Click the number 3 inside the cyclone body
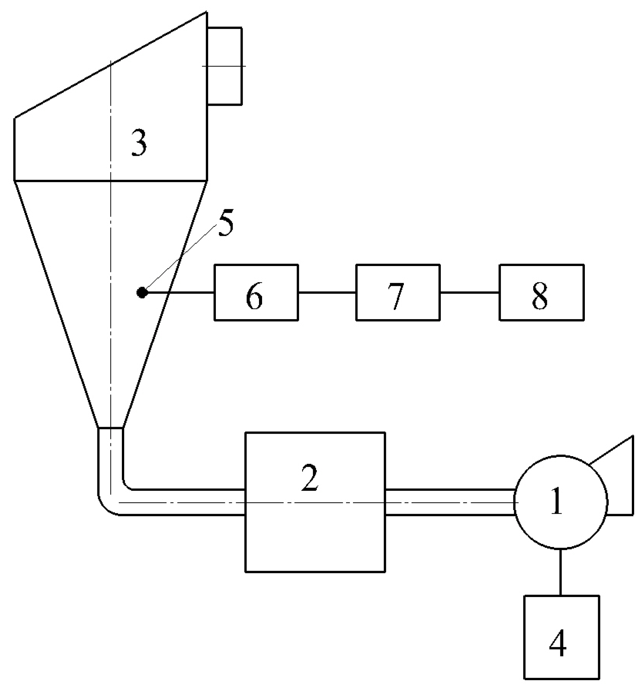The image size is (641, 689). pyautogui.click(x=139, y=143)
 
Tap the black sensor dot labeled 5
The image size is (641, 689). pyautogui.click(x=142, y=293)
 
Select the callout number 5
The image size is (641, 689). pyautogui.click(x=225, y=224)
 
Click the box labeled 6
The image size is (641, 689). pyautogui.click(x=256, y=292)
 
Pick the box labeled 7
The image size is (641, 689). pyautogui.click(x=398, y=292)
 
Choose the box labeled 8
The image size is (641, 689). pyautogui.click(x=541, y=292)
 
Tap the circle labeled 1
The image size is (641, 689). pyautogui.click(x=560, y=502)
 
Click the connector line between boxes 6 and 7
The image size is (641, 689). pyautogui.click(x=327, y=293)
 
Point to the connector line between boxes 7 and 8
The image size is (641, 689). pyautogui.click(x=469, y=293)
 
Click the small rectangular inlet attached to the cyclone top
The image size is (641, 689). pyautogui.click(x=225, y=66)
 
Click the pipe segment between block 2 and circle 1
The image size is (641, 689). pyautogui.click(x=449, y=502)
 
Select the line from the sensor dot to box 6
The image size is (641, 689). pyautogui.click(x=180, y=293)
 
